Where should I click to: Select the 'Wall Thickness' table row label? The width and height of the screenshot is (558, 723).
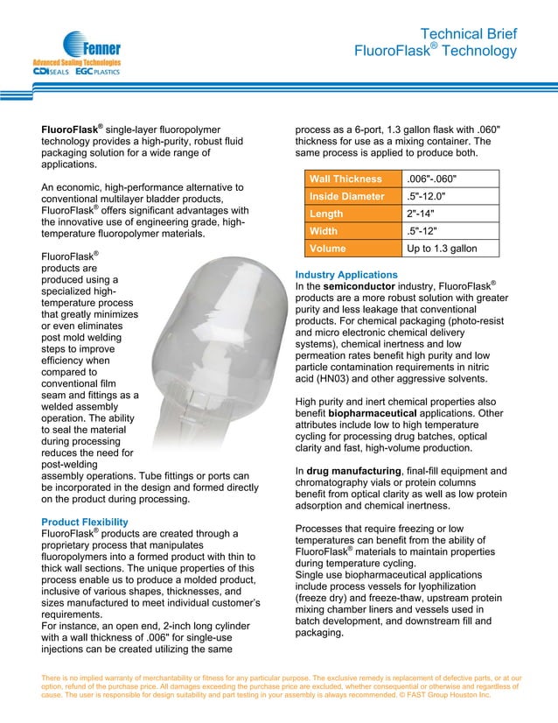tap(345, 179)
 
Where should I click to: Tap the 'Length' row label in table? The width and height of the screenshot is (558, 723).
tap(328, 214)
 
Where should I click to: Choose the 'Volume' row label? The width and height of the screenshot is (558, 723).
tap(330, 249)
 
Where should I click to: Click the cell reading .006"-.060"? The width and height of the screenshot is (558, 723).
tap(433, 179)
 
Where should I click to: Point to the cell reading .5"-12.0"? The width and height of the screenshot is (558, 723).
tap(430, 196)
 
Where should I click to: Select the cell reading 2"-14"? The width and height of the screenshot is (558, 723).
tap(423, 214)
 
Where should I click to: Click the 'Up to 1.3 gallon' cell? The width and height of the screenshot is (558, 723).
tap(443, 249)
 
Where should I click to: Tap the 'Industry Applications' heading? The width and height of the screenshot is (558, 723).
tap(346, 275)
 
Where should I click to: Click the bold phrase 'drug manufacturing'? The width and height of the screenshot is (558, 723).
tap(357, 472)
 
